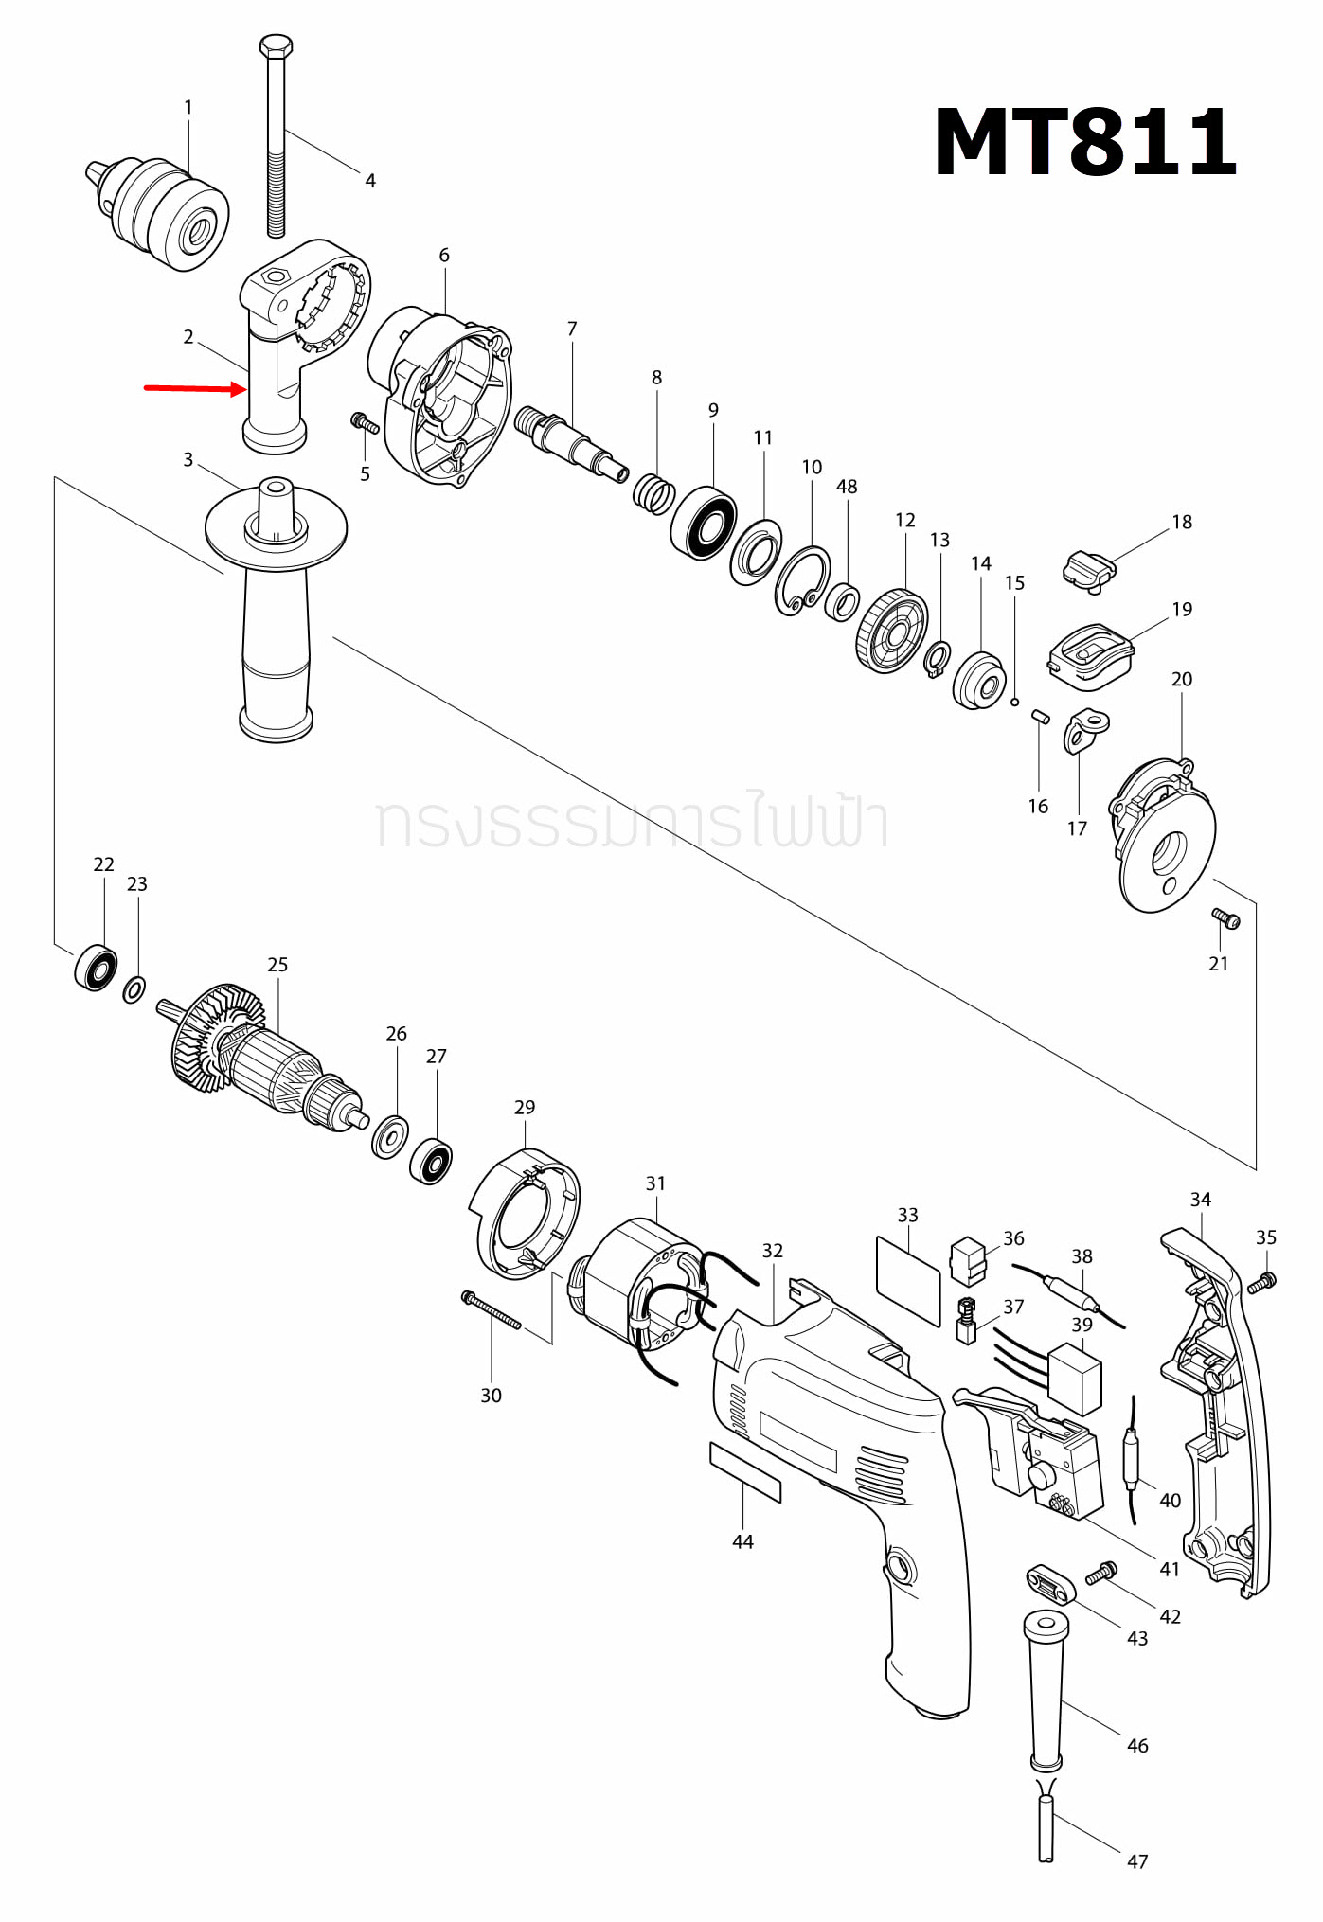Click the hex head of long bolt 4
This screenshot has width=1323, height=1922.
[276, 46]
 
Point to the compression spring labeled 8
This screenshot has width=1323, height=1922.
[653, 493]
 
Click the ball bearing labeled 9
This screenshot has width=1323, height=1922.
[704, 523]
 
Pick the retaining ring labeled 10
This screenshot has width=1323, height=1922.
[802, 580]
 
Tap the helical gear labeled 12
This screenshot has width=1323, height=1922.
[892, 631]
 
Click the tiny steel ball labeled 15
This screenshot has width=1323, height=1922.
[1014, 702]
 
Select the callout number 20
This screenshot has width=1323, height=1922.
[1181, 679]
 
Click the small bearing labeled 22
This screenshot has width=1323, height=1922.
[96, 968]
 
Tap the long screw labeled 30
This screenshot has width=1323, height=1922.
[492, 1310]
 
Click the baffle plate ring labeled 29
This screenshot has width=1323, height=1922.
[526, 1214]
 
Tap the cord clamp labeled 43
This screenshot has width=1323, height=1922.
[1050, 1583]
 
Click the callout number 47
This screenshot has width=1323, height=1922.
[1136, 1861]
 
